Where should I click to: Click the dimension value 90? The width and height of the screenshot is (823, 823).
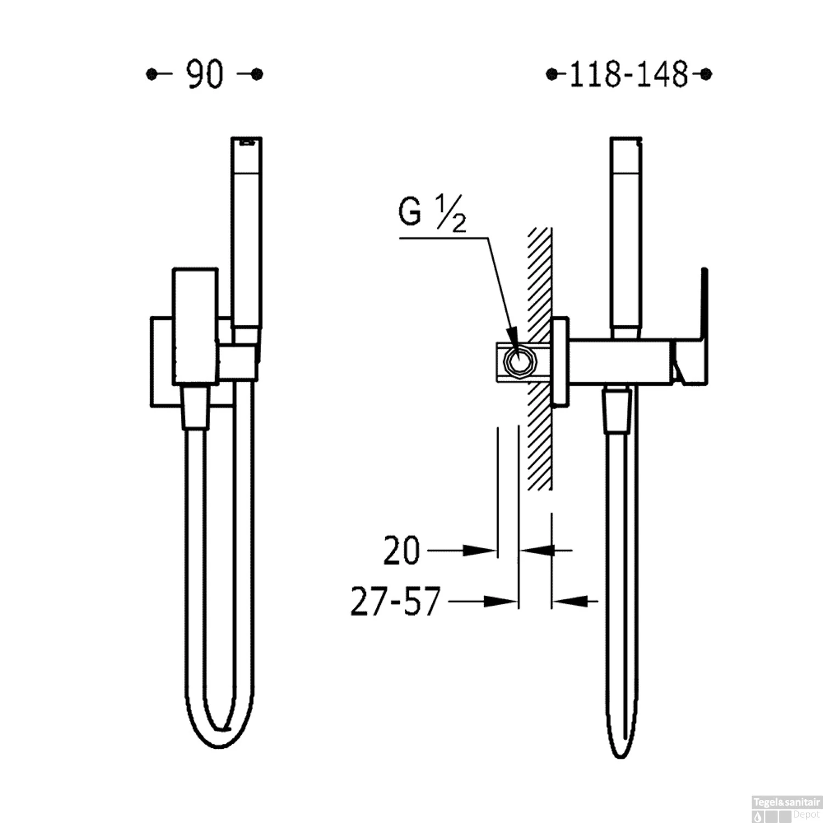tap(205, 75)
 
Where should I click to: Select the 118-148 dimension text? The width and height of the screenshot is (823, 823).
tap(629, 75)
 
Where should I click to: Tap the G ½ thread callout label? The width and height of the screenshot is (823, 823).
tap(432, 213)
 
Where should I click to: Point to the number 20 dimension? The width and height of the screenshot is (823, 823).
tap(401, 550)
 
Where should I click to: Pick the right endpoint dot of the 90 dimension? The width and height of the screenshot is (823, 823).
tap(257, 74)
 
